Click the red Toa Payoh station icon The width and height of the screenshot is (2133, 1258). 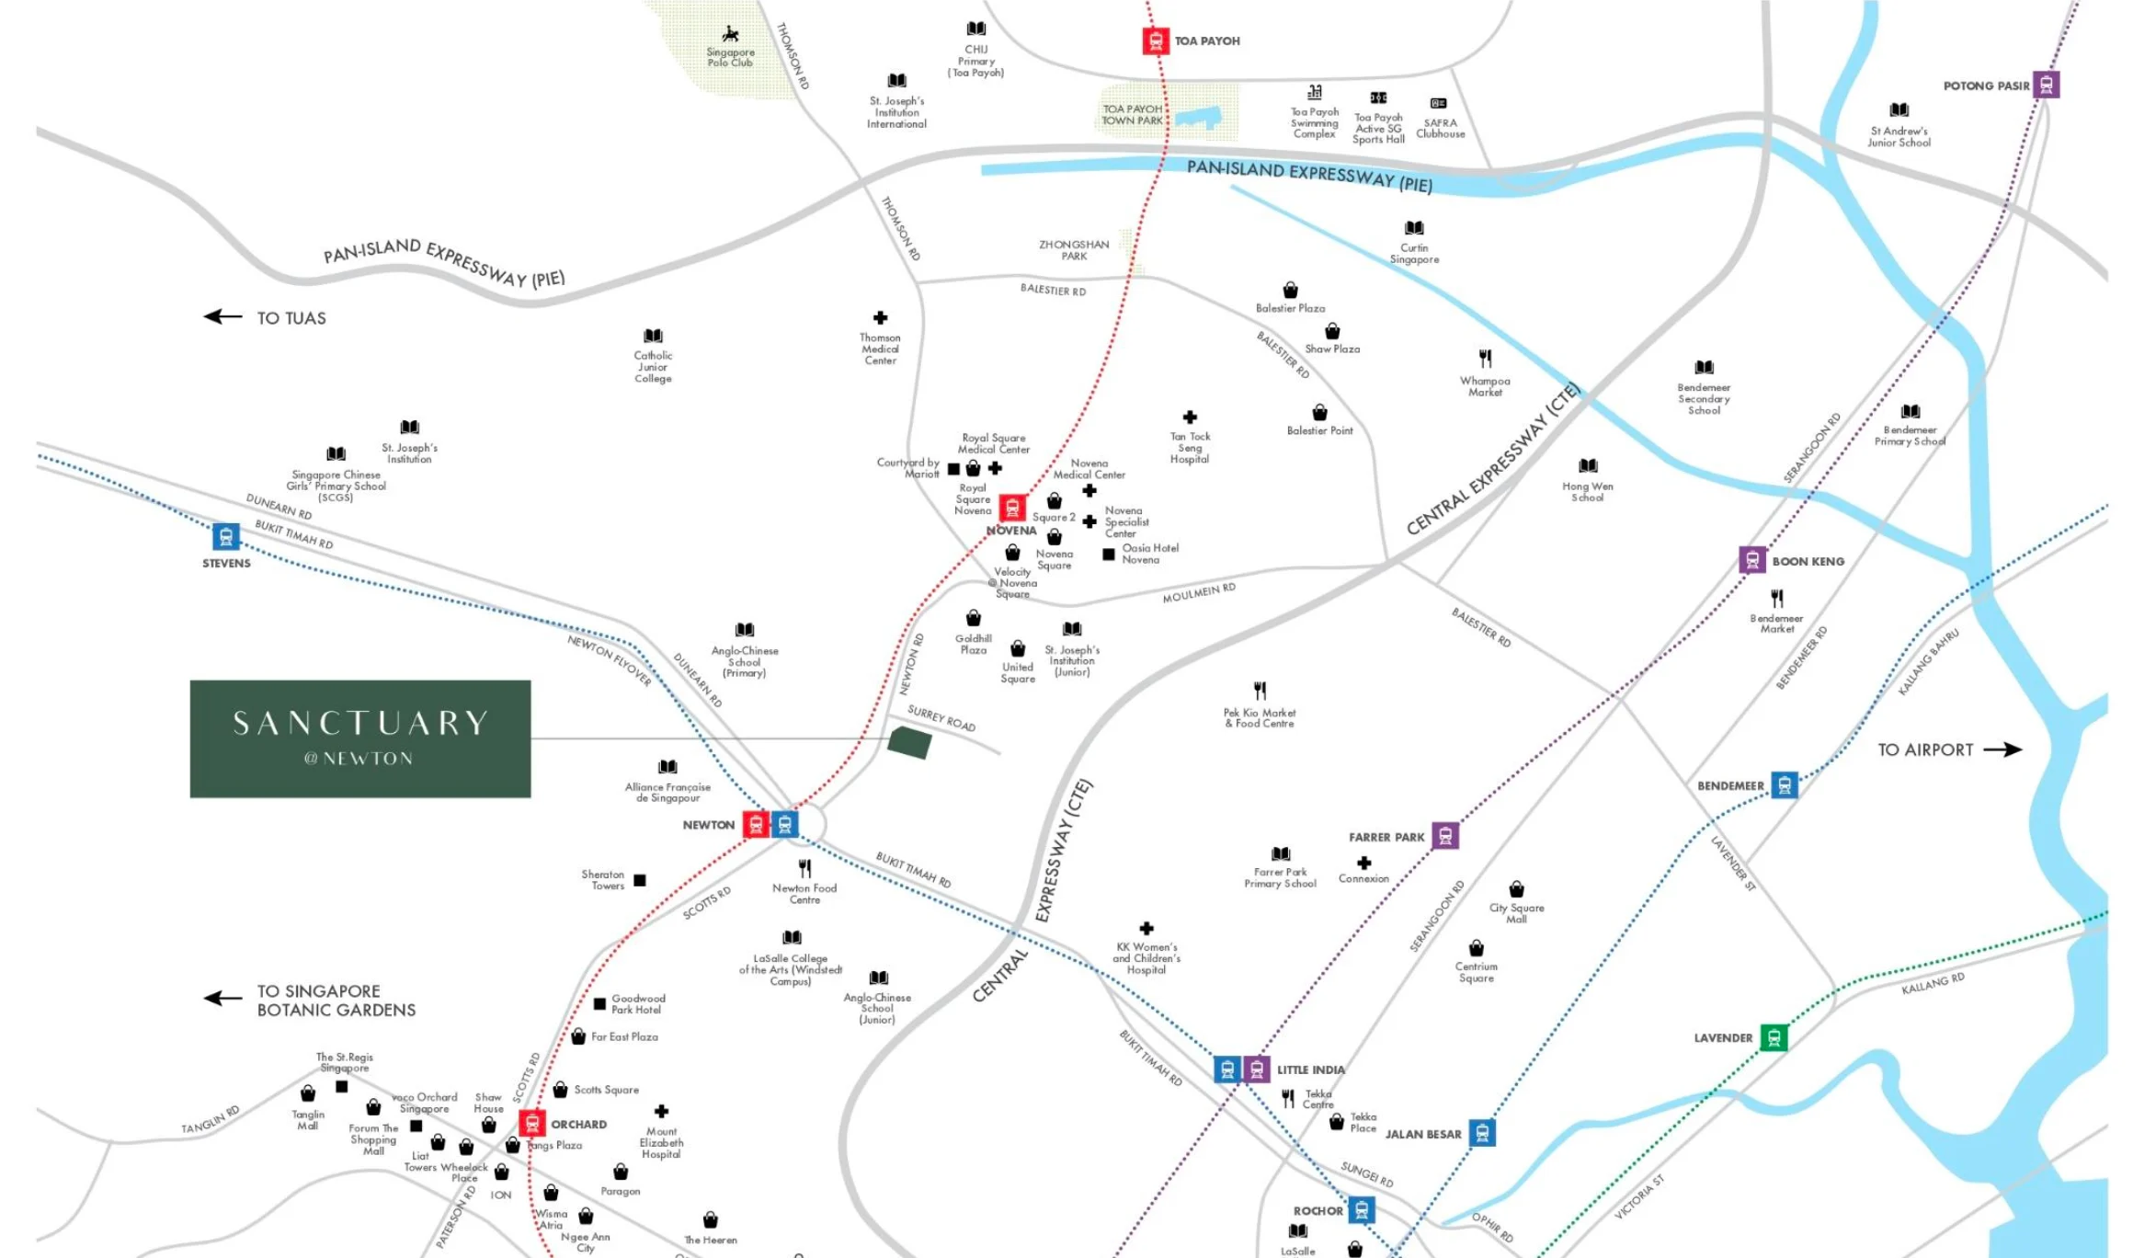[x=1156, y=41]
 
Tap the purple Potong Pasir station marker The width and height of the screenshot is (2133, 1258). [x=2046, y=85]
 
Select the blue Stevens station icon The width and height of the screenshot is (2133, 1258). [x=226, y=536]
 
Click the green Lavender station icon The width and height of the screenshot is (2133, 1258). [x=1774, y=1037]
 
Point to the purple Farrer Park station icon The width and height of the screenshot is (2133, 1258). [x=1445, y=835]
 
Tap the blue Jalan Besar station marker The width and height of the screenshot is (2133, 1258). [x=1482, y=1133]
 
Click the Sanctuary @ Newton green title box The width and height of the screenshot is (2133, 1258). [x=360, y=738]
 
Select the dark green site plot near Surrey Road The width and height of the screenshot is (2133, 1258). [x=909, y=742]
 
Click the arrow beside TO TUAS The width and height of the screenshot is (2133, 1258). [x=222, y=317]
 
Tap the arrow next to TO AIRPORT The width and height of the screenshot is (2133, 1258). [x=2002, y=749]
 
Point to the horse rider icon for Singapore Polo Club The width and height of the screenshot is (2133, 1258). [x=731, y=35]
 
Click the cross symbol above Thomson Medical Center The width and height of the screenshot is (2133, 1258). [x=880, y=318]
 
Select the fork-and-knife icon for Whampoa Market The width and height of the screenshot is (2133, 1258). [x=1485, y=359]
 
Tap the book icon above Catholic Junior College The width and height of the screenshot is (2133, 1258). [x=653, y=336]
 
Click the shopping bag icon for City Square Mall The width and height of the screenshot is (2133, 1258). [x=1516, y=889]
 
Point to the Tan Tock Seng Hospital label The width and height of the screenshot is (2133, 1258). [x=1190, y=448]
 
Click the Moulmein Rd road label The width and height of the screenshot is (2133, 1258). [x=1199, y=593]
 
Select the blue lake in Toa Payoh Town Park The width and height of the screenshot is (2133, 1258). [x=1199, y=118]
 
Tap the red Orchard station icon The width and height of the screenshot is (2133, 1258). [x=531, y=1123]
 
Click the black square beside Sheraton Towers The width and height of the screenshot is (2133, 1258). [x=640, y=880]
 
